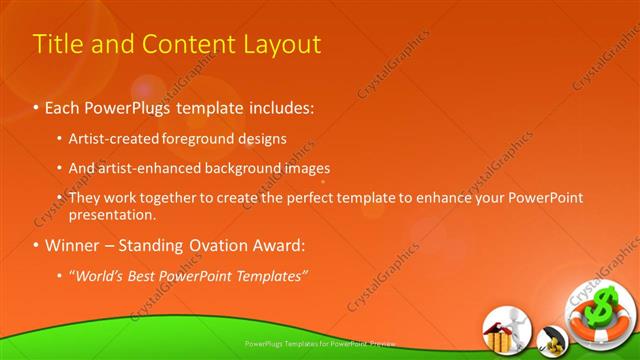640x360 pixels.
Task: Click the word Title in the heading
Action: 58,45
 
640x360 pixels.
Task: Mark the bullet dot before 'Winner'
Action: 37,245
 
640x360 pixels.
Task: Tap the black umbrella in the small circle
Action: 549,337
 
